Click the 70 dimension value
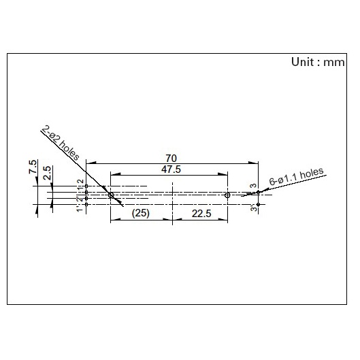point(171,159)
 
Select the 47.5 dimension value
point(171,169)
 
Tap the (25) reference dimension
point(140,213)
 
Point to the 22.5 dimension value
point(201,214)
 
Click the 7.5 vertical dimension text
point(33,167)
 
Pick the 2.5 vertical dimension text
point(47,173)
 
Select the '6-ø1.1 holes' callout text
point(297,176)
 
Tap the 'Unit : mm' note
point(318,62)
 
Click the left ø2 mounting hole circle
point(111,195)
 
